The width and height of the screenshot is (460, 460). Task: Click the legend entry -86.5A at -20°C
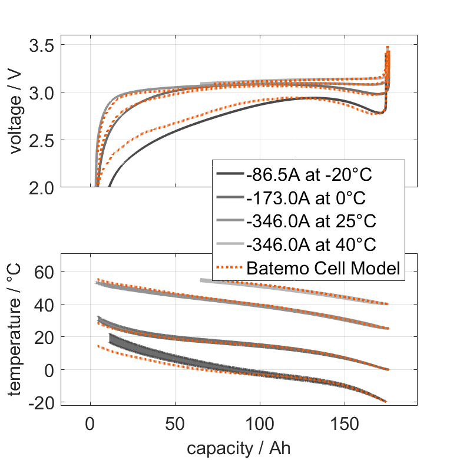click(310, 174)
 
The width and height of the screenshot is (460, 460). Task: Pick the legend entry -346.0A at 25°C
click(310, 221)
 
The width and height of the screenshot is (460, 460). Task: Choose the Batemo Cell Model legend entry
click(323, 269)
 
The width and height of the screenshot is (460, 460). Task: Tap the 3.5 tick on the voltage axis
click(42, 45)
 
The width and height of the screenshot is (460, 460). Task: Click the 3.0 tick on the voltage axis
click(42, 93)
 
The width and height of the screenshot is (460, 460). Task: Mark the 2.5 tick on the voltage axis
click(42, 140)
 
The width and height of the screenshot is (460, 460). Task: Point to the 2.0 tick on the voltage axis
click(42, 187)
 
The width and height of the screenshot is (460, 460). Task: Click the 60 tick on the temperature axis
click(47, 272)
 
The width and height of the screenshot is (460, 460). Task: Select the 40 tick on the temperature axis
click(47, 305)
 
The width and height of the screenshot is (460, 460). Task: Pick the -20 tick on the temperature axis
click(44, 402)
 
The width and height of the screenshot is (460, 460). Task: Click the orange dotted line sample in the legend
click(229, 269)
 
